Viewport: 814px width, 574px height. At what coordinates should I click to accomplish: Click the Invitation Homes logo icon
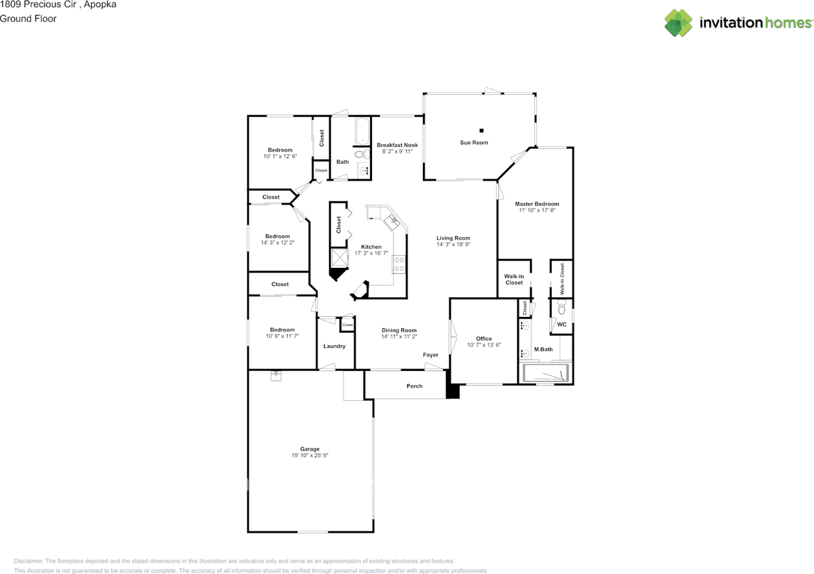point(679,23)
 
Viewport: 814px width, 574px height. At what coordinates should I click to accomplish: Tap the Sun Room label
point(474,143)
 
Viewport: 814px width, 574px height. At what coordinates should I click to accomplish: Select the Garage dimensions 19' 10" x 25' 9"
point(310,456)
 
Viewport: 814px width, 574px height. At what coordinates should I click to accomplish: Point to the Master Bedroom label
point(537,204)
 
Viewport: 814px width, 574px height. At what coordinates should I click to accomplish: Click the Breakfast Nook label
point(397,144)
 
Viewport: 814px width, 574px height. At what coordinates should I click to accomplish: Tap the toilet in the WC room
point(561,308)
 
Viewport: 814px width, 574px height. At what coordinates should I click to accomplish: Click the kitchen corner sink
point(392,221)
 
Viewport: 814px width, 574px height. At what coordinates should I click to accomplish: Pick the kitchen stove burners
point(399,263)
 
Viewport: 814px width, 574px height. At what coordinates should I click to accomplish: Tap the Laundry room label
point(335,346)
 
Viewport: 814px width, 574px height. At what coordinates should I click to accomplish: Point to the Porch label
point(414,386)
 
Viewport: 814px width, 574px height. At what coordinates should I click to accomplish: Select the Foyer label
point(431,354)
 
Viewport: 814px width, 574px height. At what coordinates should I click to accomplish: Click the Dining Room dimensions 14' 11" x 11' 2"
point(399,337)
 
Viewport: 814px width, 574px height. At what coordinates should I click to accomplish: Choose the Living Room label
point(453,238)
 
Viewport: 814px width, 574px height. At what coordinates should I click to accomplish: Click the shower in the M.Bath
point(546,373)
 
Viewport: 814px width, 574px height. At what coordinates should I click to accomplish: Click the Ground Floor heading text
point(28,18)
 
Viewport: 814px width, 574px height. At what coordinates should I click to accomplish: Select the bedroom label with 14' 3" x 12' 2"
point(277,236)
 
